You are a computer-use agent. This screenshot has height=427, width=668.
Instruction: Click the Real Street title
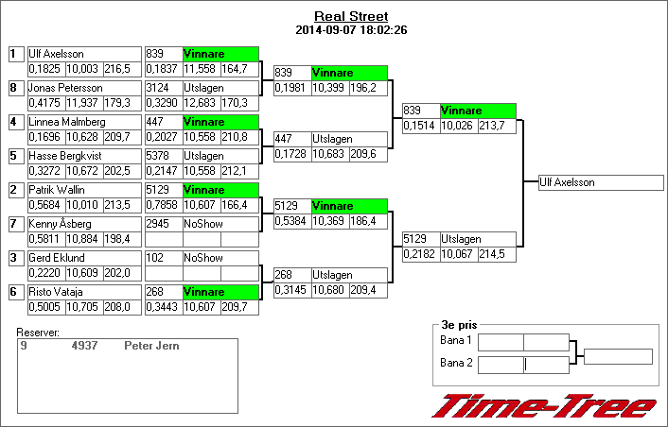[350, 17]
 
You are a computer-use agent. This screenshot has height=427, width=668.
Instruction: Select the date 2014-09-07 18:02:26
[350, 30]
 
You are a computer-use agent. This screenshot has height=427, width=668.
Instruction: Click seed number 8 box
[13, 88]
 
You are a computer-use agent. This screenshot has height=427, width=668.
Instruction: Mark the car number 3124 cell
[162, 88]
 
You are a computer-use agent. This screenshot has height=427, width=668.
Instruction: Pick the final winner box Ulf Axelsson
[599, 182]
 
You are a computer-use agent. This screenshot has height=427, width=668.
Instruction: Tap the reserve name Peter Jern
[151, 346]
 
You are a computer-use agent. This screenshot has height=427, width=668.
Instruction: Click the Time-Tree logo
[543, 406]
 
